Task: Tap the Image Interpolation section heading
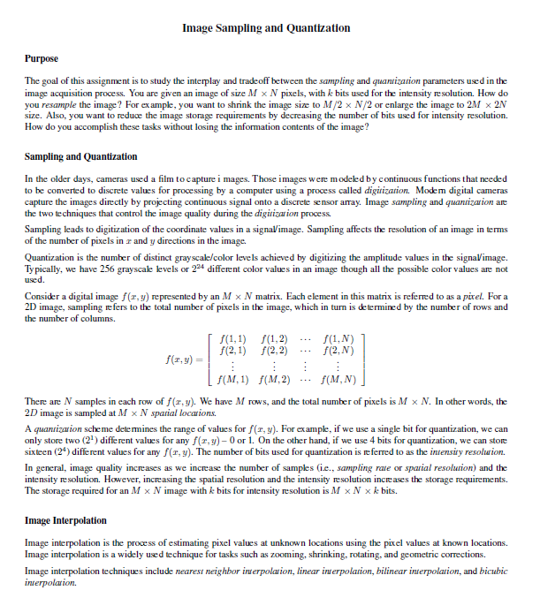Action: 65,520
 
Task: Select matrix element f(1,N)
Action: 340,340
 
